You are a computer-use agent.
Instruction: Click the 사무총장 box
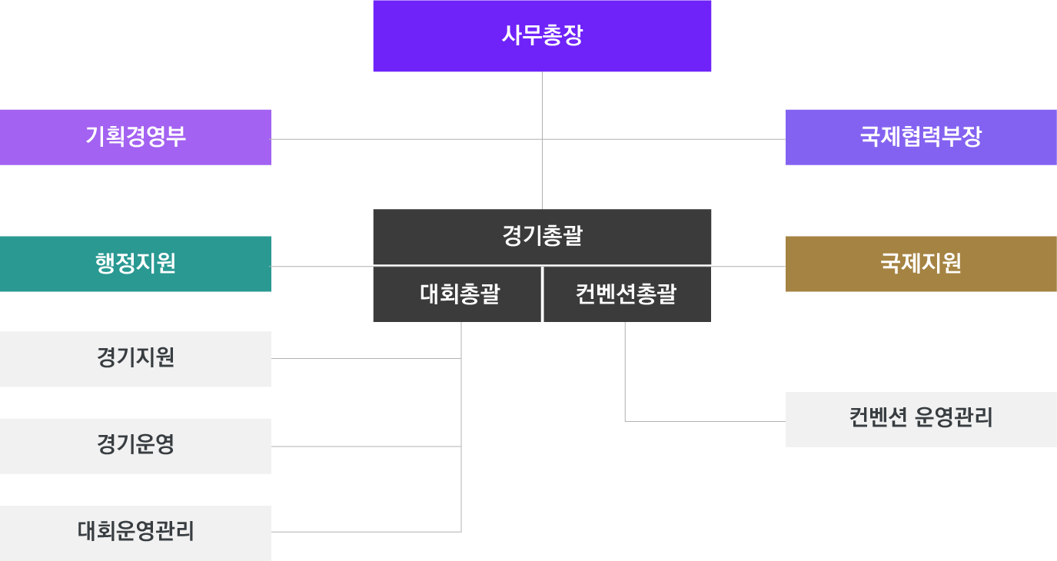(x=542, y=36)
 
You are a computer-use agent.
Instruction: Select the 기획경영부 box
(x=135, y=138)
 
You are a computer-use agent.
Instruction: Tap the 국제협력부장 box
(x=921, y=138)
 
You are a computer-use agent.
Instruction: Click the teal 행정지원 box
(x=135, y=264)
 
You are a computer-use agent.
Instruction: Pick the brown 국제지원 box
(x=921, y=264)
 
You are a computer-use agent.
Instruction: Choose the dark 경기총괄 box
(x=542, y=237)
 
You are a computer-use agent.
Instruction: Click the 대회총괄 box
(x=457, y=294)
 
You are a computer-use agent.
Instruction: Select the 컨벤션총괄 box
(x=627, y=294)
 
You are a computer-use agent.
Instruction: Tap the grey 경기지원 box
(x=135, y=359)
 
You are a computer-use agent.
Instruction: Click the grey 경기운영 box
(x=135, y=446)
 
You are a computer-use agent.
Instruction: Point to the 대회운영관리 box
(x=135, y=533)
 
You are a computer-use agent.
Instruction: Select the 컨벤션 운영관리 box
(x=921, y=420)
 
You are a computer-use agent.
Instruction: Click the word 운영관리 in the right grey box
(x=954, y=417)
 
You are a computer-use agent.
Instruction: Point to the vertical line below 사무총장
(x=542, y=140)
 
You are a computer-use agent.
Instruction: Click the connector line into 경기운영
(x=366, y=446)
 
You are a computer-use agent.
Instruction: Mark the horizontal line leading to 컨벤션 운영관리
(x=706, y=421)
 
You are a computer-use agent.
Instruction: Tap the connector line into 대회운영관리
(x=366, y=533)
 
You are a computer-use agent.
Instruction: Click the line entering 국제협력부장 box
(x=664, y=139)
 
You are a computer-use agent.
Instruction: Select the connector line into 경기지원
(x=366, y=359)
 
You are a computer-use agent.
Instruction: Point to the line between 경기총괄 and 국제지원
(x=749, y=266)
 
